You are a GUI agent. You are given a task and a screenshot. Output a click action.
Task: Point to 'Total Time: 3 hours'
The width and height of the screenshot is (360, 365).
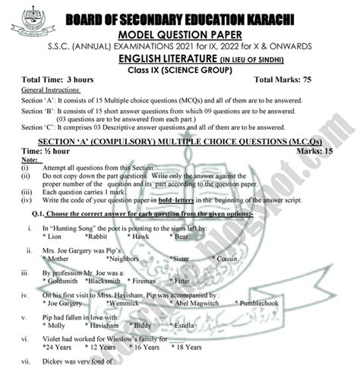pos(61,80)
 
